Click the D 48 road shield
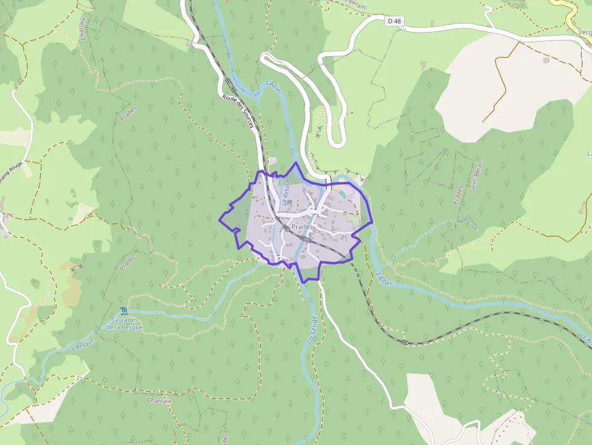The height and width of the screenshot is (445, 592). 394,21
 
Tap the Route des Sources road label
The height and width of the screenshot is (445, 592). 237,111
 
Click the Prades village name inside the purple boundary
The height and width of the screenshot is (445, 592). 302,226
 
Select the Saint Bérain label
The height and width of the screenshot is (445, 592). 476,176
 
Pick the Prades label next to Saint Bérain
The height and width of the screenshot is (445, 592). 458,194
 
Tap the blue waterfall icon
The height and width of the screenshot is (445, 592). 124,310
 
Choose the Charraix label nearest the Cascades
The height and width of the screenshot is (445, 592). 159,400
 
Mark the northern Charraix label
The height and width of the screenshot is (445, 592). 83,27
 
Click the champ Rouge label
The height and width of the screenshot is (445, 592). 11,178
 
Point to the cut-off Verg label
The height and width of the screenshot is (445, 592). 584,32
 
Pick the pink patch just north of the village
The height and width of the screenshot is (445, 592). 272,161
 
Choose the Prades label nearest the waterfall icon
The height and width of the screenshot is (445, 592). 128,264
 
